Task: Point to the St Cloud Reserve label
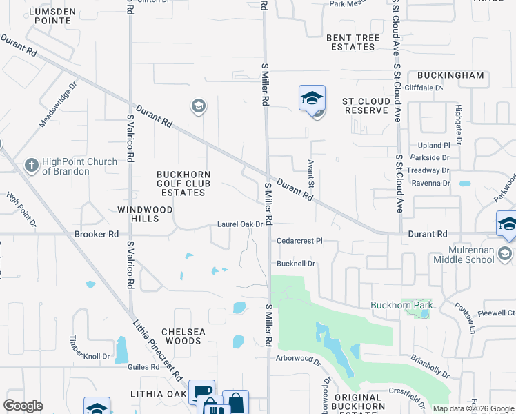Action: pos(366,106)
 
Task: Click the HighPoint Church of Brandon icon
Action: pos(31,166)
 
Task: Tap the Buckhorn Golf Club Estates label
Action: pos(183,184)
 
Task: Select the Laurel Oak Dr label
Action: pos(240,224)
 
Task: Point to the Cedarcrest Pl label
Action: pos(299,241)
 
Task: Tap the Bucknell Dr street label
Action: pos(295,264)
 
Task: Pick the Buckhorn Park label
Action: pos(401,305)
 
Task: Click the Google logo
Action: pos(23,406)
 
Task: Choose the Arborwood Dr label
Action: pos(298,359)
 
